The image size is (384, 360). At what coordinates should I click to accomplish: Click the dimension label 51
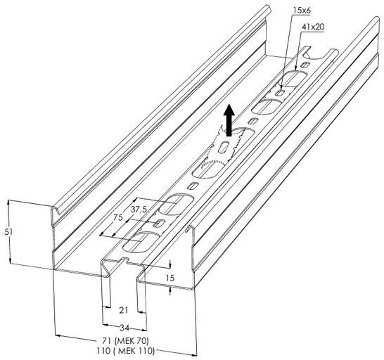[x=8, y=231]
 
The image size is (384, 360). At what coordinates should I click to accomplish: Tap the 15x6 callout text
[x=302, y=11]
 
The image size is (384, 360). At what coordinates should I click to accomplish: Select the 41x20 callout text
[x=313, y=27]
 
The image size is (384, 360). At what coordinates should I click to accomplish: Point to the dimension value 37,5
[x=139, y=210]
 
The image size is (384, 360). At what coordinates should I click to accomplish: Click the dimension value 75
[x=117, y=217]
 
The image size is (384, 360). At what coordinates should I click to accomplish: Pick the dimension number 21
[x=124, y=310]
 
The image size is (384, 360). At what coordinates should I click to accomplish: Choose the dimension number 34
[x=124, y=328]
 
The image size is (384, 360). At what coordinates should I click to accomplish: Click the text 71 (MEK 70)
[x=125, y=340]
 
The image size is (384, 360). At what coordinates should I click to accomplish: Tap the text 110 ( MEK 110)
[x=126, y=351]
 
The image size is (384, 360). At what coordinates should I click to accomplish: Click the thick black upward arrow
[x=229, y=120]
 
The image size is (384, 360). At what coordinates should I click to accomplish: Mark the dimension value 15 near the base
[x=170, y=278]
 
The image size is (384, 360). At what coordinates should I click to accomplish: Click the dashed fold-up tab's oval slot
[x=224, y=147]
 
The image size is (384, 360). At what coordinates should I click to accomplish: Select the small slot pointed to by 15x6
[x=280, y=93]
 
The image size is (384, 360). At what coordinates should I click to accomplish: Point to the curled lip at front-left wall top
[x=56, y=211]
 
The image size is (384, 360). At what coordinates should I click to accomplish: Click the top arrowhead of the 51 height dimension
[x=9, y=202]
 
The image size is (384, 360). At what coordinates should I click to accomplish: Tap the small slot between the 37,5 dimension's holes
[x=160, y=223]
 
